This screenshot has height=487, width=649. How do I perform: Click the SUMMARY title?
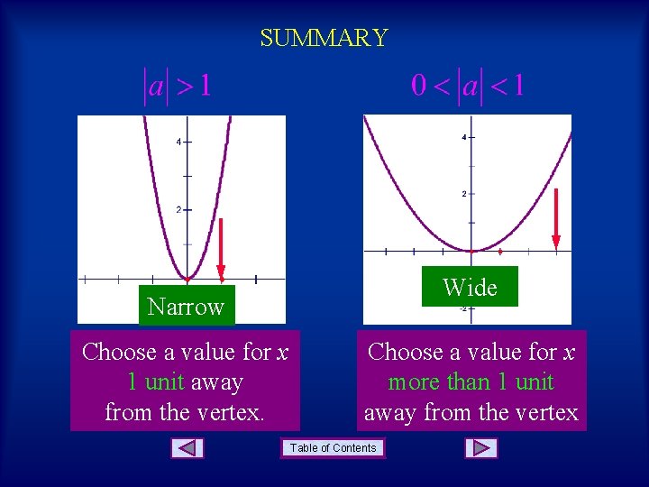tap(324, 38)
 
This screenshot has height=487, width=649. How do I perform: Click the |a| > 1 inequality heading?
tap(178, 87)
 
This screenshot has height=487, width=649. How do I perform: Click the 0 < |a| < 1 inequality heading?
tap(468, 87)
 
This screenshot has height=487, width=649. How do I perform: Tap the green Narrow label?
tap(186, 307)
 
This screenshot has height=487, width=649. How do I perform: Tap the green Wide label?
tap(470, 288)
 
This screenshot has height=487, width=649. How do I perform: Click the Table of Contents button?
tap(334, 448)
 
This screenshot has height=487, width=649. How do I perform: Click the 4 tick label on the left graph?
tap(178, 142)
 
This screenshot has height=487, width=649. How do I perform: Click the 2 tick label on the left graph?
tap(178, 209)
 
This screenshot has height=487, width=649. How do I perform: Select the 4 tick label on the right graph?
tap(463, 137)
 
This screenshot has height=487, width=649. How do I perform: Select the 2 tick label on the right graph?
tap(463, 194)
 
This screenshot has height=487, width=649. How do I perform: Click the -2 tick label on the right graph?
tap(462, 308)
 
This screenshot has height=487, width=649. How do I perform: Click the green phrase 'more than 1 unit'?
tap(471, 382)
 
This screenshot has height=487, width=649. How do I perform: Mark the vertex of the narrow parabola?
tap(187, 279)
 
